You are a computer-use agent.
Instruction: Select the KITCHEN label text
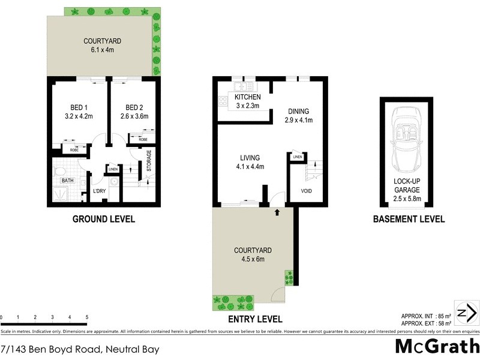[x=247, y=97]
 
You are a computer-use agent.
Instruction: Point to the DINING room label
[x=298, y=111]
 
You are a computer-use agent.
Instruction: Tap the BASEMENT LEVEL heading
[x=409, y=220]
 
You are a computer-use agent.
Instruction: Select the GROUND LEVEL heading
[x=104, y=220]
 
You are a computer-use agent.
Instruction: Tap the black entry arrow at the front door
[x=277, y=212]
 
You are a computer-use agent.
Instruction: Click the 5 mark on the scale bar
[x=87, y=317]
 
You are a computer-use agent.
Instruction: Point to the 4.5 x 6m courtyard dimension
[x=252, y=259]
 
